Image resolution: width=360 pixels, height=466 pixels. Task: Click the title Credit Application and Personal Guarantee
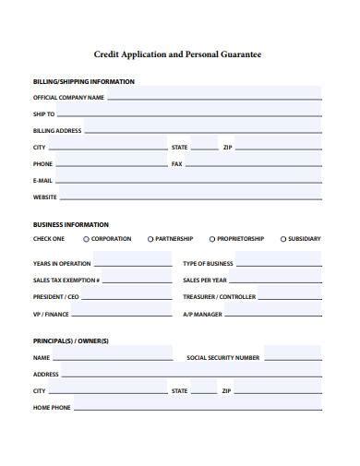coord(179,54)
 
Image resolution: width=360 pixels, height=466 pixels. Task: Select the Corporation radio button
coord(86,239)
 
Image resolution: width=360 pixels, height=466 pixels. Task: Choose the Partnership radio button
coord(150,239)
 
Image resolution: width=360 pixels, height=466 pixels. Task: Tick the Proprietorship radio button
coord(212,239)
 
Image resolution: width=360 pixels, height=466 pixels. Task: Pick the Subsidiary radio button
coord(282,239)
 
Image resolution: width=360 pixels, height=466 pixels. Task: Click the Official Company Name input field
coord(213,96)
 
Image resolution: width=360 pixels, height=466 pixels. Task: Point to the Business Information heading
coord(71,224)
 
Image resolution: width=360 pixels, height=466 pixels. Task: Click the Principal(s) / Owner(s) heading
coord(71,341)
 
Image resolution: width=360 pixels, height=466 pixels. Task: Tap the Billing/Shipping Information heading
coord(84,81)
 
